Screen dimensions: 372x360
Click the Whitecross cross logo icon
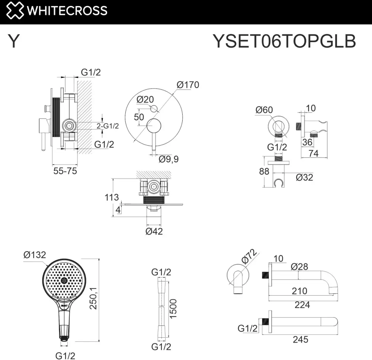point(15,10)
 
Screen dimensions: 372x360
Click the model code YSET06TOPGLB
point(284,41)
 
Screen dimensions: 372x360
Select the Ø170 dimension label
point(188,85)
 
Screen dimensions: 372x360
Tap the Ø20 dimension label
point(145,99)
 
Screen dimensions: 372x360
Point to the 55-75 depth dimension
point(65,171)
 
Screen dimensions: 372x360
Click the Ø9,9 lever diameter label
point(169,159)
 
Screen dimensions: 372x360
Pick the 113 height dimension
point(112,197)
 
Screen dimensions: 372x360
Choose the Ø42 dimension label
point(154,231)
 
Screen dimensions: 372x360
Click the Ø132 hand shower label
point(35,255)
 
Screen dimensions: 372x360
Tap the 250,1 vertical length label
point(93,298)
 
